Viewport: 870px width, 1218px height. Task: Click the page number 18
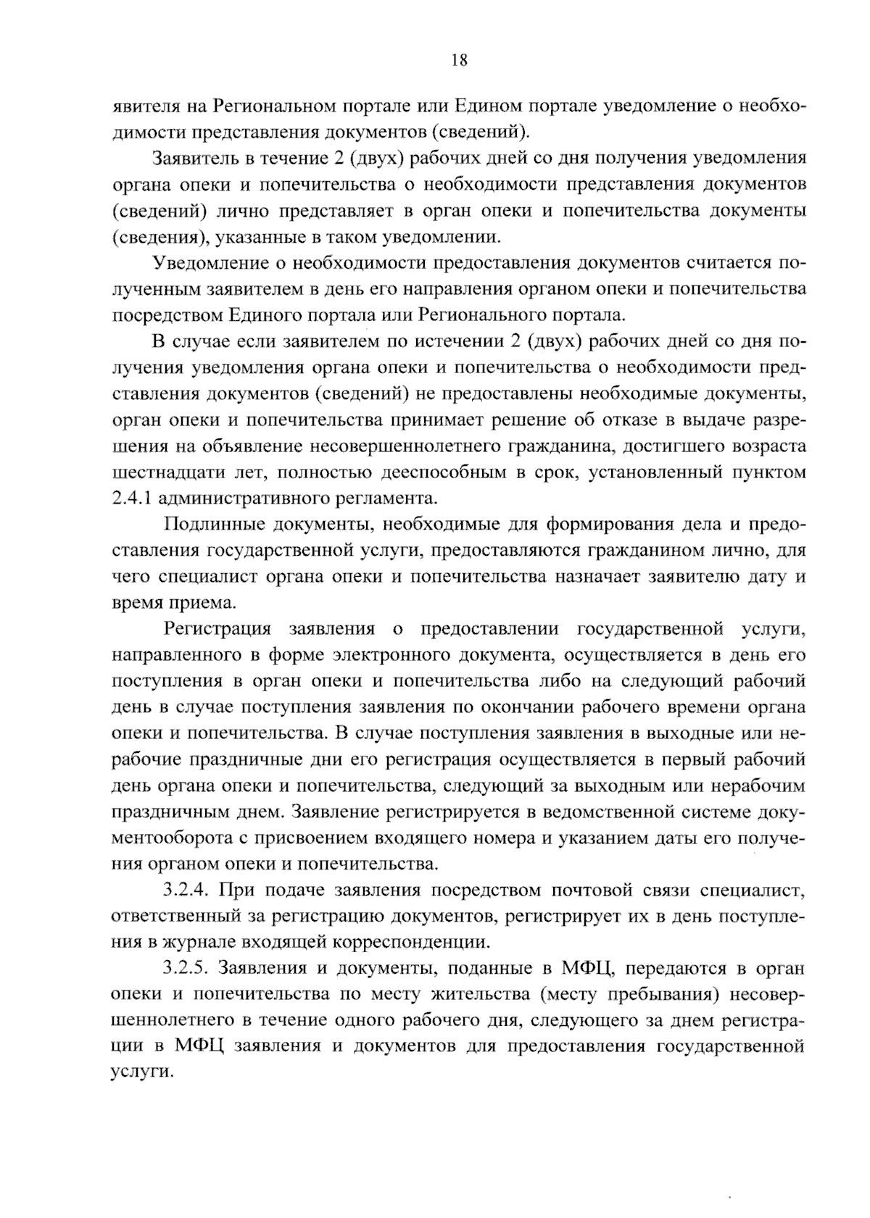point(458,61)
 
